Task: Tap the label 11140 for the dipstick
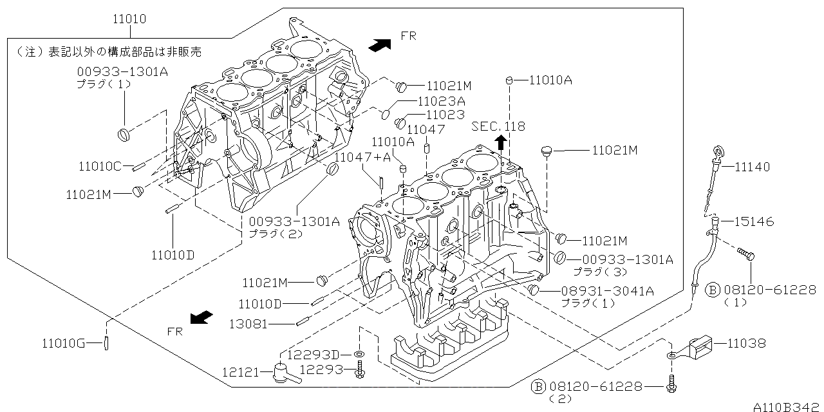click(753, 167)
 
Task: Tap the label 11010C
click(100, 167)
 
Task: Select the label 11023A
click(441, 101)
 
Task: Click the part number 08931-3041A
click(607, 292)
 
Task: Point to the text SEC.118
click(498, 126)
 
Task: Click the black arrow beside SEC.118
click(500, 142)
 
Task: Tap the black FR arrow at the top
click(380, 44)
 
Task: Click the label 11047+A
click(362, 156)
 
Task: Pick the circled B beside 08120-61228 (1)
click(713, 290)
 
